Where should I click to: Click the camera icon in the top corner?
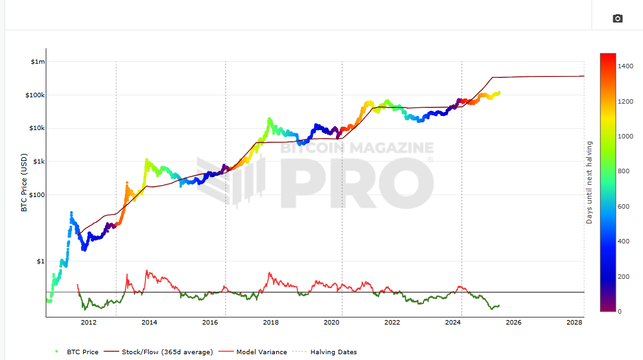click(617, 19)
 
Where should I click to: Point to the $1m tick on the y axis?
click(38, 62)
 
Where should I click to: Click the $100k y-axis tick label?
click(35, 95)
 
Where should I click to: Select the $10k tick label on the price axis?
click(37, 128)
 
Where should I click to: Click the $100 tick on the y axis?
click(37, 194)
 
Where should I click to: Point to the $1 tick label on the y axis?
click(41, 261)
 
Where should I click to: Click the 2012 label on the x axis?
click(88, 323)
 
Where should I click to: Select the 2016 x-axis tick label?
click(210, 323)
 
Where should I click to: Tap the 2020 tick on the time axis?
click(331, 323)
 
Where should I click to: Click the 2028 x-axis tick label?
click(574, 323)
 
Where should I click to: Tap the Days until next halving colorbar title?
click(590, 182)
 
